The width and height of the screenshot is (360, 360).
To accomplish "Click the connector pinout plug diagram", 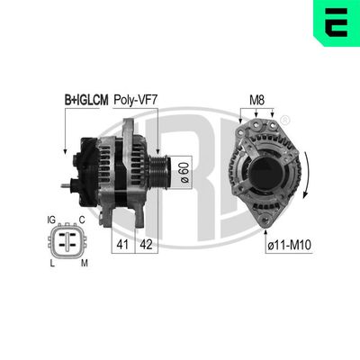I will coord(65,240).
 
